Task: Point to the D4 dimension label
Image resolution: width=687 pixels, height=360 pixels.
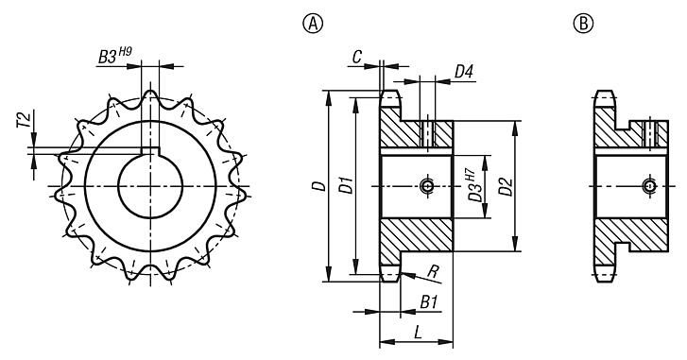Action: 464,71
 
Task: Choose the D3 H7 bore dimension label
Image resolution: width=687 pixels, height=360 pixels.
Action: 473,185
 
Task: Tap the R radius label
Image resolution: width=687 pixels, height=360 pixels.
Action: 434,272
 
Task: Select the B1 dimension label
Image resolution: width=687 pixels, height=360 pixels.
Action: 428,302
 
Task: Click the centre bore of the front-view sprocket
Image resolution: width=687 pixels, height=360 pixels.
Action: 150,185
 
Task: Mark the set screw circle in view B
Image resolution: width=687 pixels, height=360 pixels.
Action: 647,186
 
